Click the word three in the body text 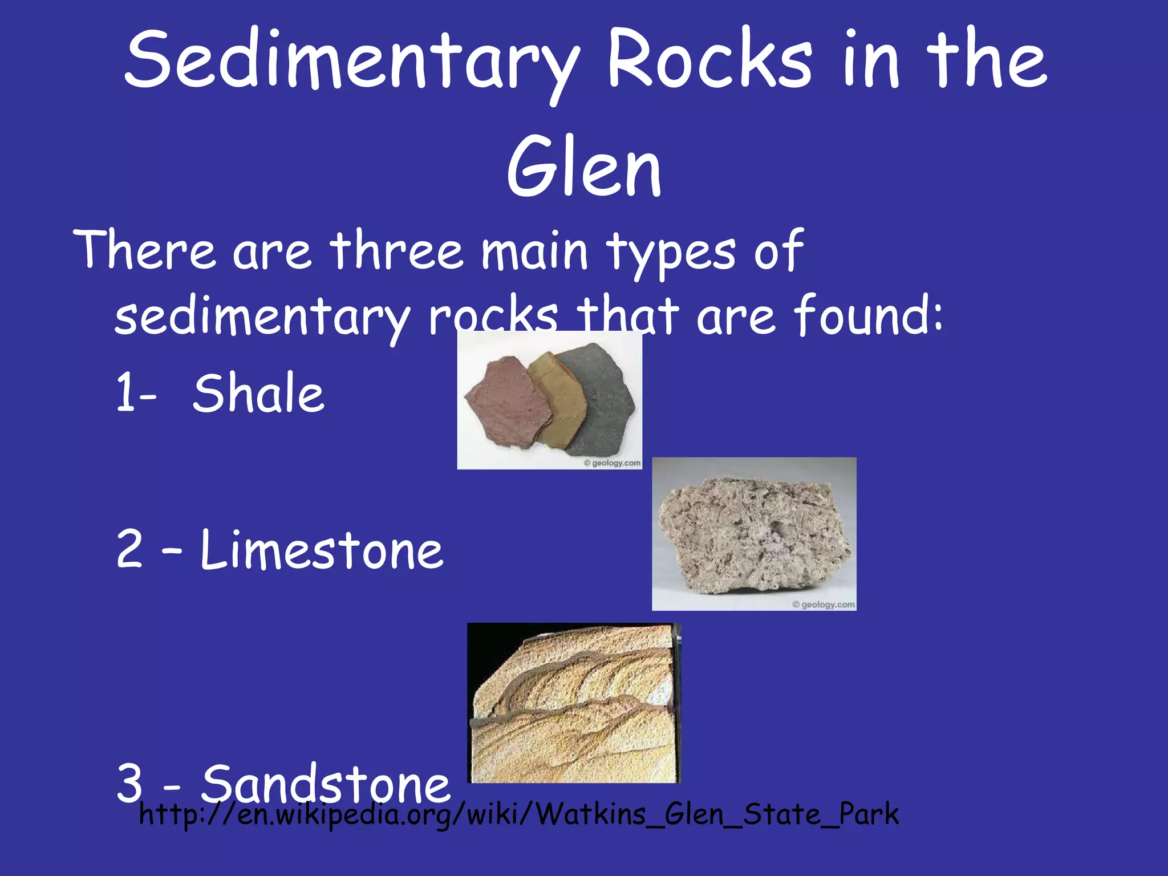point(397,251)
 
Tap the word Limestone point(322,550)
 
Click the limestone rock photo point(754,533)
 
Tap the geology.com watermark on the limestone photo point(824,605)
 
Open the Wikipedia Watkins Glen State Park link point(519,814)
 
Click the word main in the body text point(534,251)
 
